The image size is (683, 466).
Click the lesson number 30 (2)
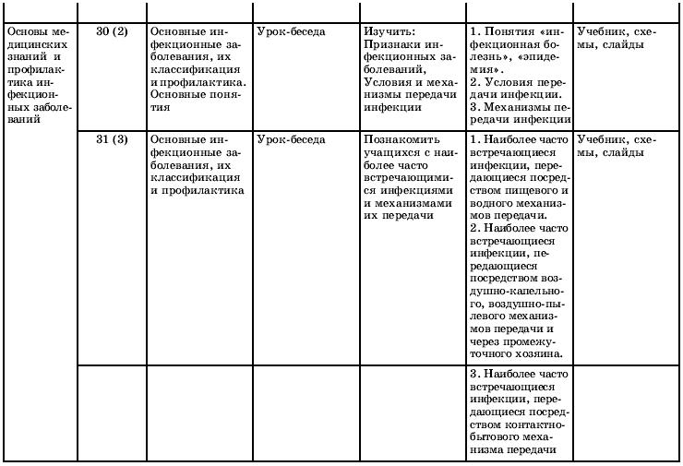click(x=112, y=30)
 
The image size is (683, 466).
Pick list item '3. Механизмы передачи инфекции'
click(x=520, y=114)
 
